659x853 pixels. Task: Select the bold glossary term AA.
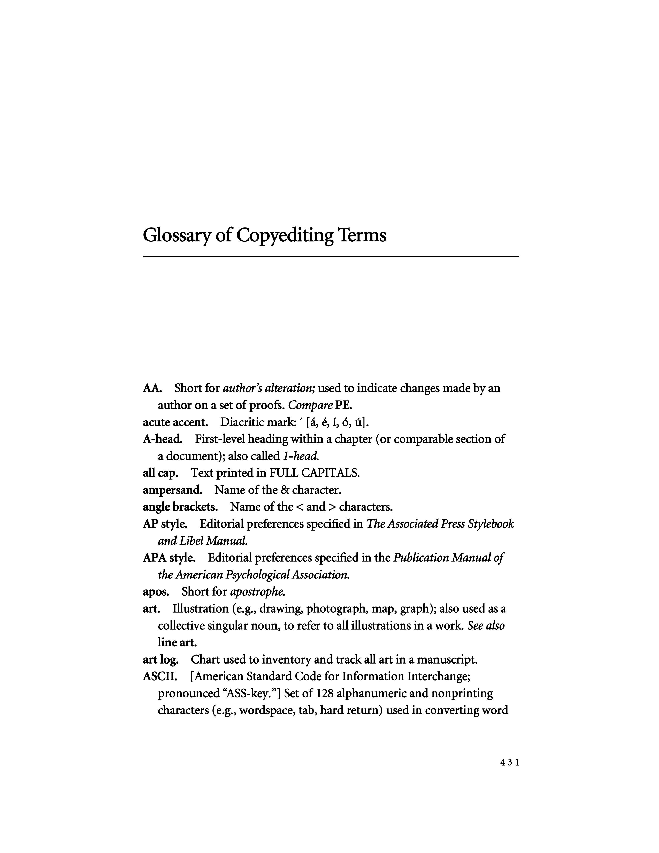(x=152, y=388)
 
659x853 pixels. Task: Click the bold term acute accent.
(x=175, y=422)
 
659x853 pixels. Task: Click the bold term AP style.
(x=165, y=524)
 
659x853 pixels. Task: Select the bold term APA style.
(x=169, y=558)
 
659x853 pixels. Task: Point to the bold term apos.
(x=156, y=592)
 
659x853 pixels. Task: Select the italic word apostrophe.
(x=258, y=592)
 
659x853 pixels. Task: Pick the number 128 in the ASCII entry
(x=324, y=694)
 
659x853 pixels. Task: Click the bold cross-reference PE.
(x=343, y=405)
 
